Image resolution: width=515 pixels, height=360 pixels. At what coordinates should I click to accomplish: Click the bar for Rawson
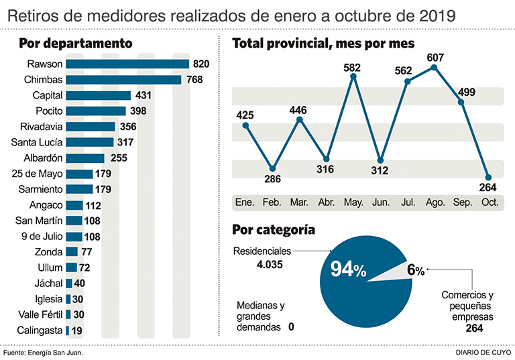click(x=127, y=64)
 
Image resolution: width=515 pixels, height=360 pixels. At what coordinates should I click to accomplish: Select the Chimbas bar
click(x=123, y=80)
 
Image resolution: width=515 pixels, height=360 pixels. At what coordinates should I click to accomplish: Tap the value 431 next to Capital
click(x=144, y=95)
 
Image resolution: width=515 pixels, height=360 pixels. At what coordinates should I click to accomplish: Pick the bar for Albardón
click(x=85, y=158)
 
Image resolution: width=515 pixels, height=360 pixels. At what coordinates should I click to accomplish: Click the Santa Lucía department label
click(x=38, y=142)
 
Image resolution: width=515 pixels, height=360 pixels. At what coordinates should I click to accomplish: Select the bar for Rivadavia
click(x=91, y=127)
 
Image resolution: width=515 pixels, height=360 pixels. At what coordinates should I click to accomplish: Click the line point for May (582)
click(x=353, y=77)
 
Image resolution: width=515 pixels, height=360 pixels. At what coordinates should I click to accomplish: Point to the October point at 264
click(x=488, y=177)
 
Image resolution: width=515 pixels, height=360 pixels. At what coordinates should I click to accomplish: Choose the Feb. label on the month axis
click(x=272, y=202)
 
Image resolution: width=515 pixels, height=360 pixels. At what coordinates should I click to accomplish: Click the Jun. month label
click(x=380, y=202)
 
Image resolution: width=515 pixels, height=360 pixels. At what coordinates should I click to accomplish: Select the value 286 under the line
click(x=273, y=180)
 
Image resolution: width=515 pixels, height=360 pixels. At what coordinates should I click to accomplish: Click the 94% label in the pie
click(x=347, y=270)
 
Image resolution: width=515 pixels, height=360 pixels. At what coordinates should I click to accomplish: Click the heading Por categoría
click(x=273, y=230)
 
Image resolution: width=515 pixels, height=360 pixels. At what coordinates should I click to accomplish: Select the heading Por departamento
click(x=75, y=44)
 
